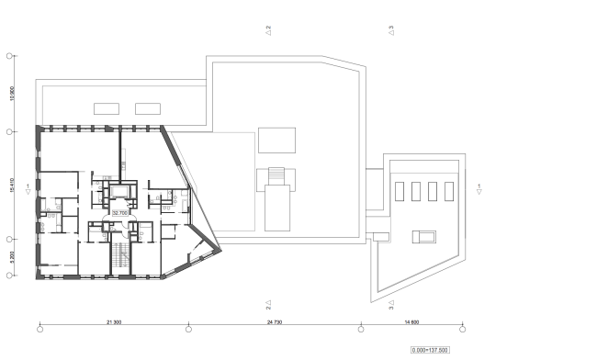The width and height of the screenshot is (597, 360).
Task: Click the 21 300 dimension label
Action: pos(114,321)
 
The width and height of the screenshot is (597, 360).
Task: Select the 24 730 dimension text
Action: pos(275,321)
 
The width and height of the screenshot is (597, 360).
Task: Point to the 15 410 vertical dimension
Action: pos(11,186)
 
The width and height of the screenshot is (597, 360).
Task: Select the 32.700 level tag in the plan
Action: pos(119,212)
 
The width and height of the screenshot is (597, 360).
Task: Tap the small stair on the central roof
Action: pos(276,174)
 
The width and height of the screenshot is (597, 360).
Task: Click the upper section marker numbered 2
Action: pos(268,30)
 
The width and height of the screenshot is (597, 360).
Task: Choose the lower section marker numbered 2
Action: pos(268,302)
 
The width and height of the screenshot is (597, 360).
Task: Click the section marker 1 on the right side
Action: pos(479,189)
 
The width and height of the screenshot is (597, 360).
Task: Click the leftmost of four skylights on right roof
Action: pos(402,191)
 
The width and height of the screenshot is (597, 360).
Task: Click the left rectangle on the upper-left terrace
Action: pos(105,108)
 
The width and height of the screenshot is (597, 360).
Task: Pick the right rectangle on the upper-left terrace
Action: pos(147,108)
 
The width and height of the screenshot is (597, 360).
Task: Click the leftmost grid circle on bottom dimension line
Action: pos(39,327)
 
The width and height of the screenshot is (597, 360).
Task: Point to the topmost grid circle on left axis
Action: pos(10,56)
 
